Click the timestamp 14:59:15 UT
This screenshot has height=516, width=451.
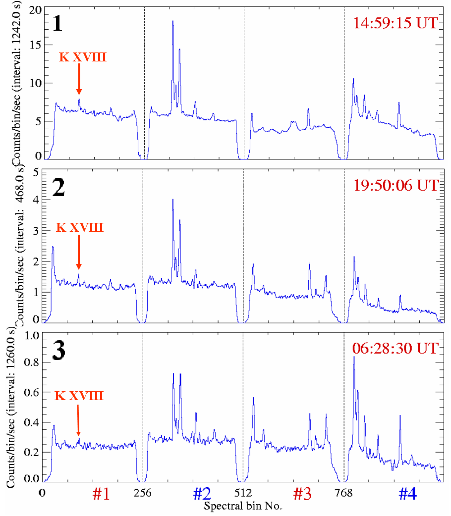click(395, 23)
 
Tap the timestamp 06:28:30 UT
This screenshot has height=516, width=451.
click(395, 348)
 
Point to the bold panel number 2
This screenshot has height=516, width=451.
click(58, 188)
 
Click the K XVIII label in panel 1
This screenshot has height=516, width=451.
click(83, 57)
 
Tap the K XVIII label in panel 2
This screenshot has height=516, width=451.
click(79, 228)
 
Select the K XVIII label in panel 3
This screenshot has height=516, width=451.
click(79, 396)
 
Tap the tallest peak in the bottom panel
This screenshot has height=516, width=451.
click(353, 357)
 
